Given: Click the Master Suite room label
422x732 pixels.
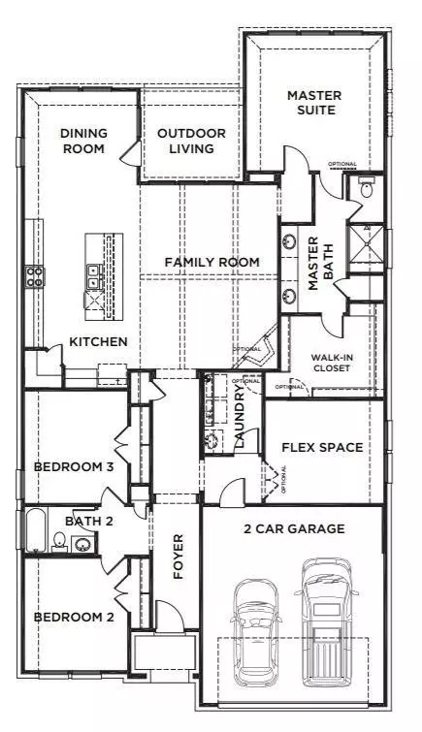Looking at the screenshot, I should pos(310,102).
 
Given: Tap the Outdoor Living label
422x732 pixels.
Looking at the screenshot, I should pos(192,141).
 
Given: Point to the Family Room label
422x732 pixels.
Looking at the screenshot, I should pos(211,262).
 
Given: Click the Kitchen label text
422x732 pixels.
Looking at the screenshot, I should pos(98,341).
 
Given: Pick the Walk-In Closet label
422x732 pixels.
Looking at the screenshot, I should pos(337,363).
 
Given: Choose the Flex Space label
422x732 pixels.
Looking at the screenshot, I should pos(322,447).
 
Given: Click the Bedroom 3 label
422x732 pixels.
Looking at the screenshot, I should pos(75,467).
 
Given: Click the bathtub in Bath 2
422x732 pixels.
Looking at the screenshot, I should pos(36,530).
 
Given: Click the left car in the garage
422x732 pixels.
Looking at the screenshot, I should pos(254,630).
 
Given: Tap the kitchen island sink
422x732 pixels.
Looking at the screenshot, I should pos(94,275).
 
